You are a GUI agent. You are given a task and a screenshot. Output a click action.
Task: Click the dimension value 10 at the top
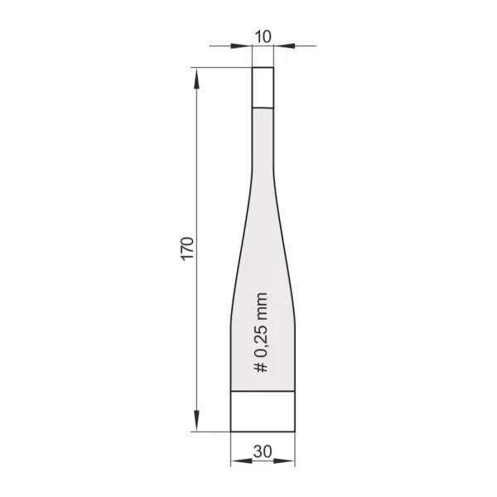click(x=263, y=36)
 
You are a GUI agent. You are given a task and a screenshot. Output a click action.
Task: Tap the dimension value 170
click(x=187, y=248)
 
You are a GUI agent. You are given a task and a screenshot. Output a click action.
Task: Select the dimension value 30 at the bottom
click(x=263, y=451)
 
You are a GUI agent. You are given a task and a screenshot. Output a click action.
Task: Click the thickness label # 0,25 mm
click(x=261, y=332)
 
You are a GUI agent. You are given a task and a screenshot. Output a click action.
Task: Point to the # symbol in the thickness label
click(x=261, y=367)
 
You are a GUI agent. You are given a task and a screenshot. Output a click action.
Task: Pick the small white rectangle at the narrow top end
click(x=263, y=88)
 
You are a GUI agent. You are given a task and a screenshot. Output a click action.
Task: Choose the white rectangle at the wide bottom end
click(x=263, y=412)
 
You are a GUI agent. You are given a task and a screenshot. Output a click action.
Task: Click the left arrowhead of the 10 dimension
click(x=242, y=46)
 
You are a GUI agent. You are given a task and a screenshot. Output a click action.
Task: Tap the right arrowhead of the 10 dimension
click(x=284, y=46)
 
